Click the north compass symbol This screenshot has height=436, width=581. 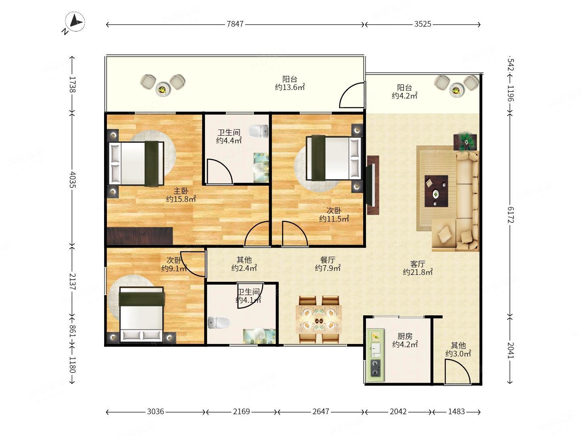(x=75, y=22)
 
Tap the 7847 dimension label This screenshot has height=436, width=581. (x=235, y=24)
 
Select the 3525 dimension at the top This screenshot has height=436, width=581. (x=422, y=24)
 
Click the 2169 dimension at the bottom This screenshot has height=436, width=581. (x=241, y=411)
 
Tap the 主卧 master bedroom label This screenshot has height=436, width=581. (x=181, y=191)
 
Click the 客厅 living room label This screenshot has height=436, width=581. (x=418, y=264)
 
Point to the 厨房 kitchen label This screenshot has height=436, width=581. (x=405, y=336)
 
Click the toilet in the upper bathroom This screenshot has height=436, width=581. (x=259, y=131)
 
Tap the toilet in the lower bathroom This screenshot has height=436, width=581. (x=219, y=323)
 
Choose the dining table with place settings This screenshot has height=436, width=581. (x=319, y=320)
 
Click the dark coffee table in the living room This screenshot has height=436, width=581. (x=436, y=191)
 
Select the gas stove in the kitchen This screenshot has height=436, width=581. (x=375, y=368)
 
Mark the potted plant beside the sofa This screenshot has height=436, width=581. (x=465, y=142)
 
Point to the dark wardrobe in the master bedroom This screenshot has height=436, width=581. (x=140, y=236)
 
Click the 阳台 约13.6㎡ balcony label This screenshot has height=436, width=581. (x=290, y=83)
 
